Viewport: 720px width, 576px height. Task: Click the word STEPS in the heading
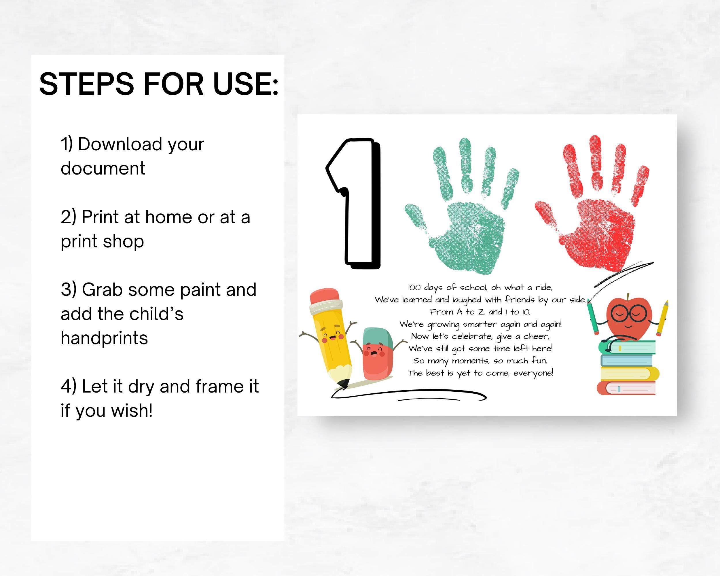pyautogui.click(x=86, y=84)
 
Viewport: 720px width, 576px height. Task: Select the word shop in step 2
pyautogui.click(x=123, y=241)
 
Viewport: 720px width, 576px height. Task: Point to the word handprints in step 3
pyautogui.click(x=104, y=338)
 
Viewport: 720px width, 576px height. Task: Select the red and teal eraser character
pyautogui.click(x=376, y=354)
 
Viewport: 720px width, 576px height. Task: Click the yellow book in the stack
pyautogui.click(x=628, y=374)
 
